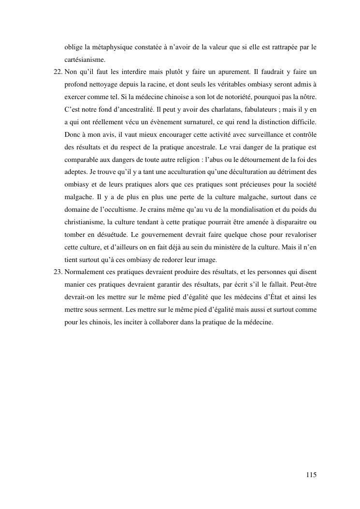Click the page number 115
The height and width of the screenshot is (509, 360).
point(311,475)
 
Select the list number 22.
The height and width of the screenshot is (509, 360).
point(57,72)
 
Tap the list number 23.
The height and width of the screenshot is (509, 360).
point(57,271)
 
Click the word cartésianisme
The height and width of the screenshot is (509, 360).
point(85,59)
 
